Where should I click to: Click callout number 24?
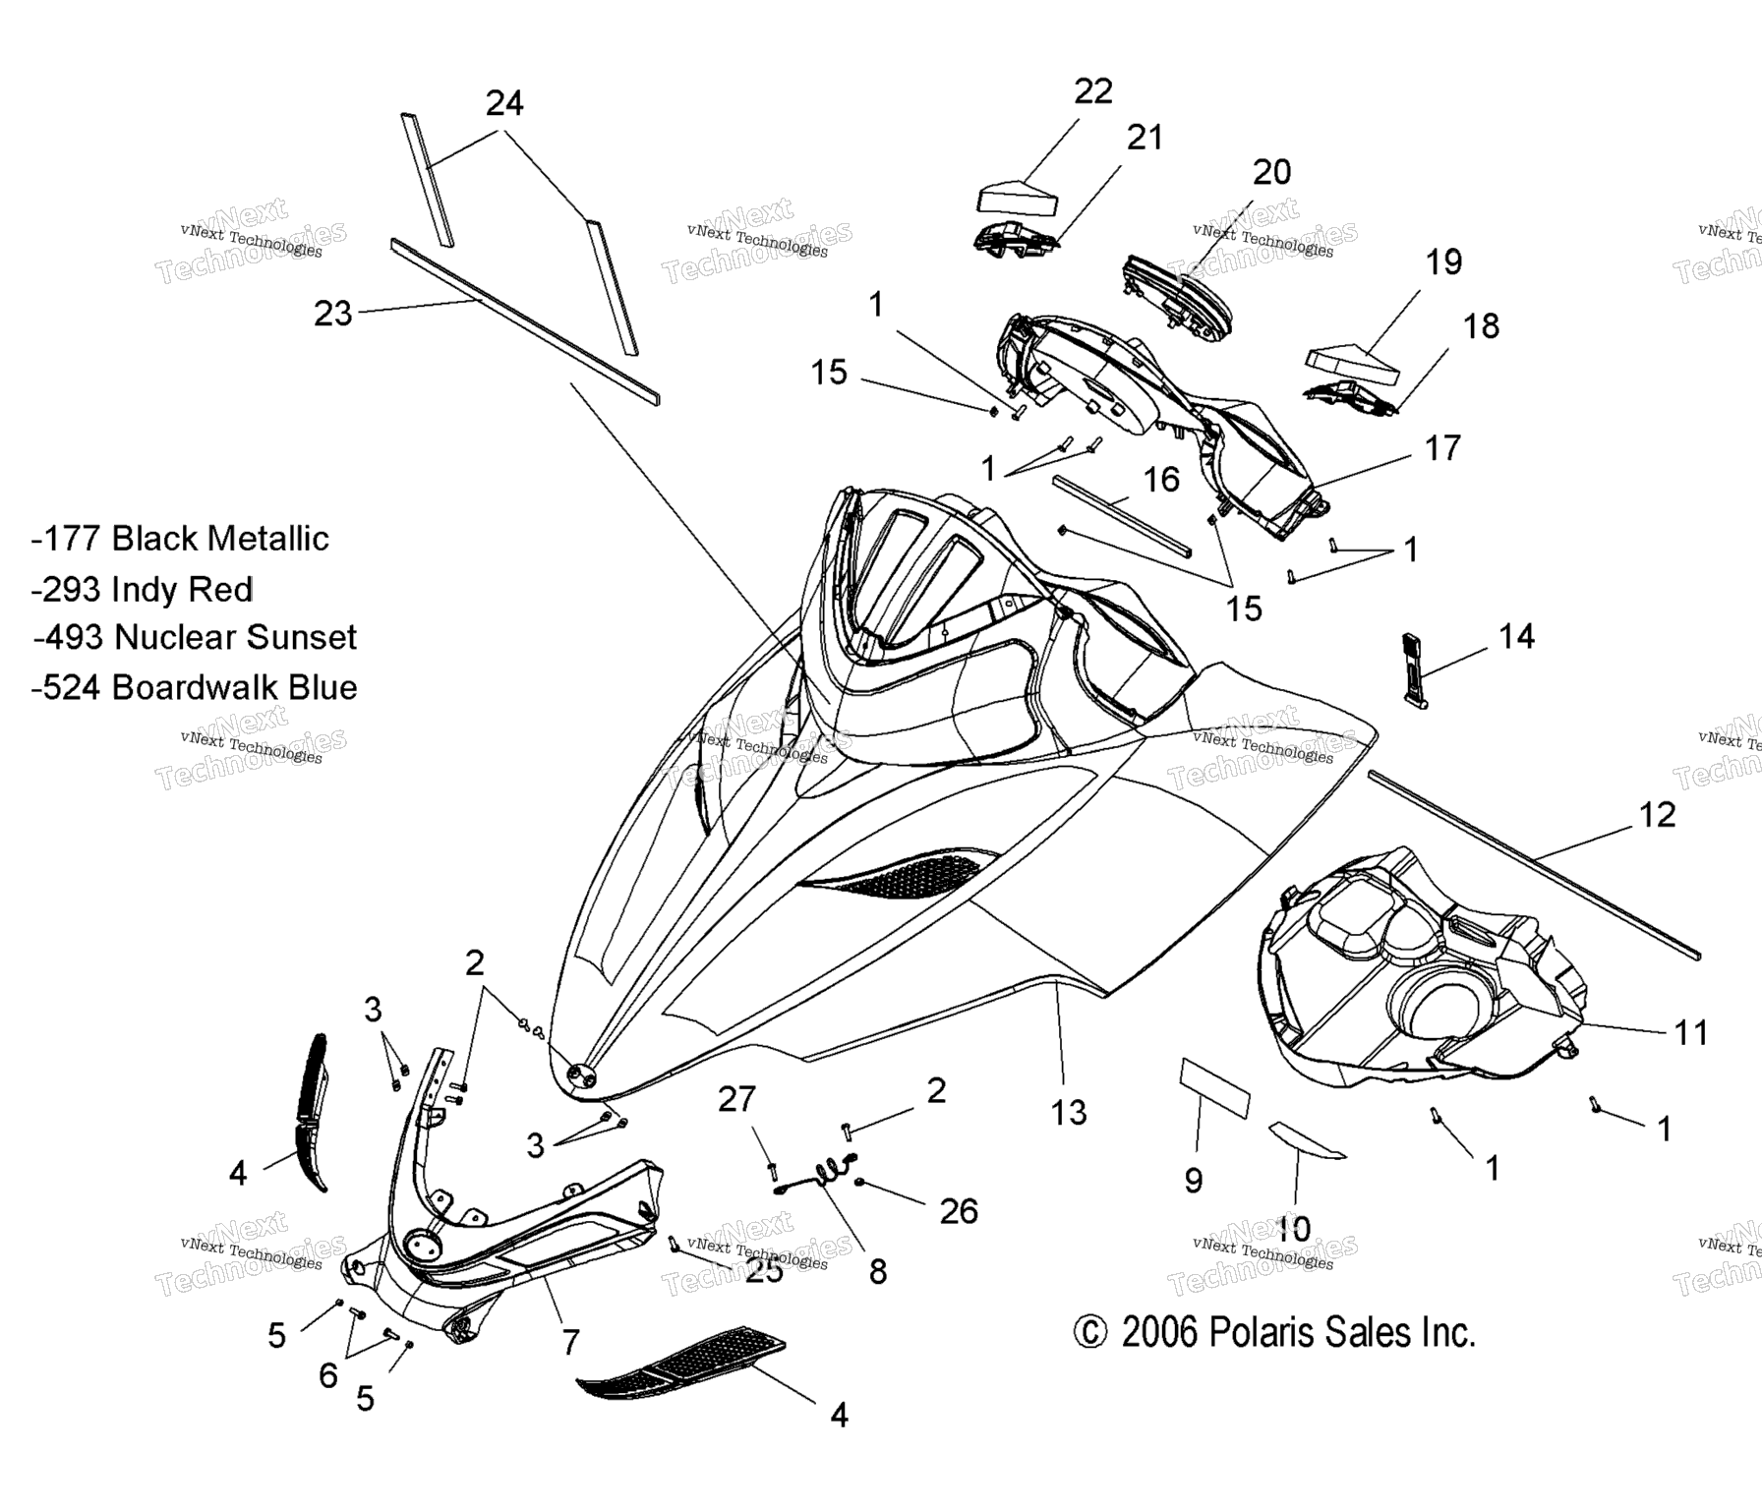click(x=504, y=103)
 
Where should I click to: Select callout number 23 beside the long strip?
click(x=332, y=314)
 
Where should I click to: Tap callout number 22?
click(x=1092, y=90)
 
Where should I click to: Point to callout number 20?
click(x=1271, y=172)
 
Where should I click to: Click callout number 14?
click(x=1516, y=636)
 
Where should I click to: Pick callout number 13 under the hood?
click(x=1068, y=1113)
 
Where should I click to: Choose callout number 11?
click(x=1691, y=1032)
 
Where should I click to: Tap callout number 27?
click(x=736, y=1099)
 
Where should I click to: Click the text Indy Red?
click(x=182, y=589)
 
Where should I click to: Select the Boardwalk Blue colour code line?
click(x=194, y=687)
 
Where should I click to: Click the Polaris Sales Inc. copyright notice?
click(x=1274, y=1333)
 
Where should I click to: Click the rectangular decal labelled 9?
click(x=1214, y=1088)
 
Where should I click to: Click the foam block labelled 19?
click(x=1352, y=361)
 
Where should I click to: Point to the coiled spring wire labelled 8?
click(x=824, y=1173)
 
